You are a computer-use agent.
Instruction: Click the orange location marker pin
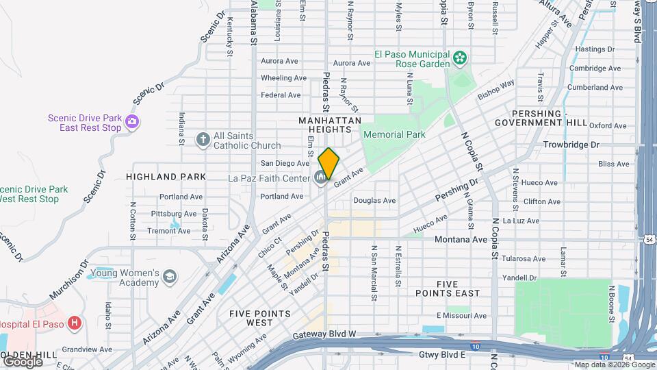[329, 163]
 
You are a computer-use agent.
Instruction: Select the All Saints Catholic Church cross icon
[202, 140]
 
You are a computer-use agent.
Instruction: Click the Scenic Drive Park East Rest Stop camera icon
[132, 123]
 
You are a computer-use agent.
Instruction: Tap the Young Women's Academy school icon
[169, 277]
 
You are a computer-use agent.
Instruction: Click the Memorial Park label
[394, 135]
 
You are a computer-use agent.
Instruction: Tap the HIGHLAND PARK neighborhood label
[166, 177]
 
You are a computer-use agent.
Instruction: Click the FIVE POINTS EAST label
[448, 288]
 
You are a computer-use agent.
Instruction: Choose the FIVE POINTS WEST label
[260, 318]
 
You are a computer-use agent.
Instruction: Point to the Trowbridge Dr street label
[571, 145]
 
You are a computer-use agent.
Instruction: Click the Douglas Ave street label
[374, 201]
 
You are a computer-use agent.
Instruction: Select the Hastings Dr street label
[595, 49]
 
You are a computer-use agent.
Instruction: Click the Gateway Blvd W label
[324, 335]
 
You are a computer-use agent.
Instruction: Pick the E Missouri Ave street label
[461, 316]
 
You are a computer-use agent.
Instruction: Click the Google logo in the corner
[22, 361]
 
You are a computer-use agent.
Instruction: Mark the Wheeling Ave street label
[283, 78]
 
